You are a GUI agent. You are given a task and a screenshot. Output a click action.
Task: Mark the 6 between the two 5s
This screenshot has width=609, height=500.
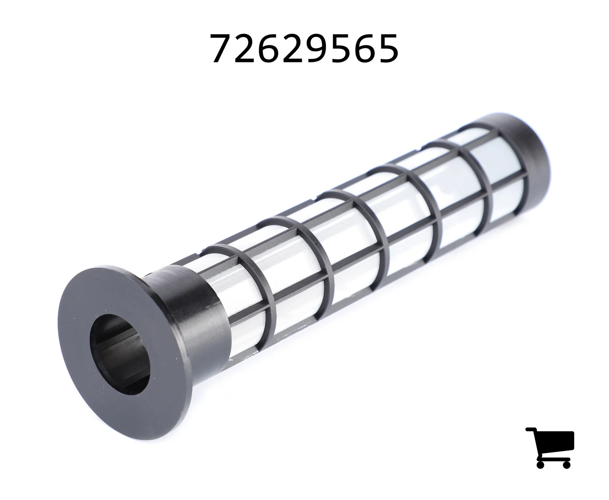tap(363, 48)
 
